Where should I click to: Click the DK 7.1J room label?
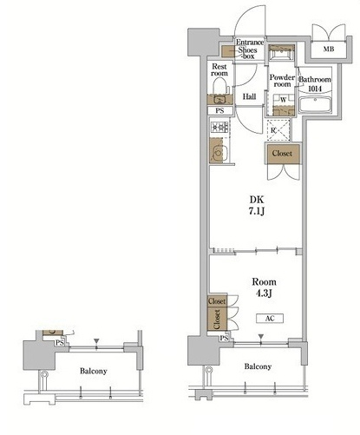[257, 205]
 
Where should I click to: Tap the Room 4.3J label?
[264, 287]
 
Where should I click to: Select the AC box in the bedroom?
[270, 319]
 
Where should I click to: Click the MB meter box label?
[329, 49]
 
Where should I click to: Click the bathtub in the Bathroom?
[315, 104]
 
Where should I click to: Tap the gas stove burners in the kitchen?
[219, 128]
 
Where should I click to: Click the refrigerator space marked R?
[278, 130]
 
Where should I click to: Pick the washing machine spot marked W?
[284, 100]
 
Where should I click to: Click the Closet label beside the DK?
[282, 153]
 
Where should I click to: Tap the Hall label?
[249, 96]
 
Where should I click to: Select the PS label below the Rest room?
[219, 110]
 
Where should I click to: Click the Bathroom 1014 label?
[315, 83]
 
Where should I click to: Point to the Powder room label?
[282, 81]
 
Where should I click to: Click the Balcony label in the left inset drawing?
[94, 371]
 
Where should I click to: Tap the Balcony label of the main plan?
[258, 366]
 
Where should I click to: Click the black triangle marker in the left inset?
[96, 341]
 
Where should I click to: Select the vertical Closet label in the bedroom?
[218, 319]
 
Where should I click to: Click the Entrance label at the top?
[250, 43]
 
